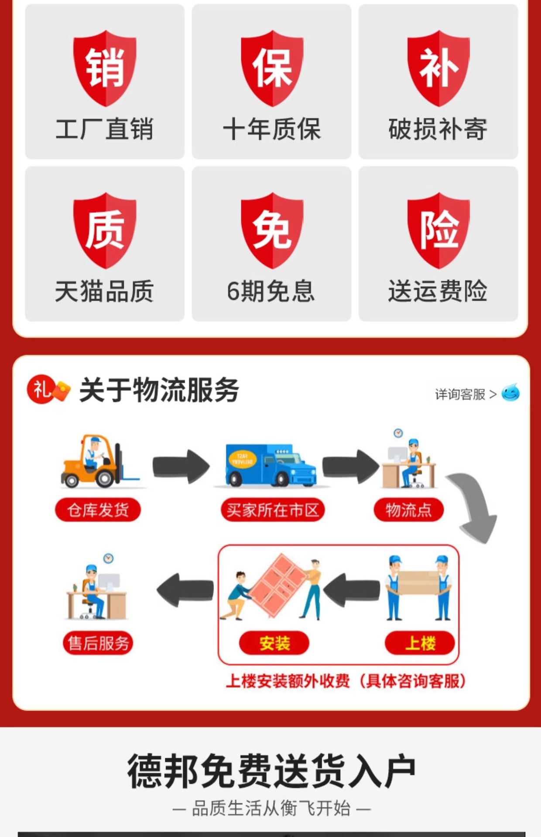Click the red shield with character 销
click(x=105, y=68)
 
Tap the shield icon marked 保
click(x=272, y=68)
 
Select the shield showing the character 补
click(x=438, y=68)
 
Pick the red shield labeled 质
click(x=105, y=230)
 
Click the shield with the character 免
click(x=272, y=230)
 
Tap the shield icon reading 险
click(x=438, y=230)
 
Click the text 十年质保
click(x=272, y=129)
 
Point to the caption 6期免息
click(x=271, y=291)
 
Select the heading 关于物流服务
click(x=159, y=390)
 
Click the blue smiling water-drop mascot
click(x=510, y=393)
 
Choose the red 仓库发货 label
click(x=98, y=510)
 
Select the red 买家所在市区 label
click(x=273, y=510)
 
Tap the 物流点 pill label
click(x=408, y=510)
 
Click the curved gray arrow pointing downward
click(x=473, y=506)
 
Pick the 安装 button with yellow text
click(x=274, y=643)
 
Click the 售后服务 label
click(x=98, y=643)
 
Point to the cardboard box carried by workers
click(x=418, y=582)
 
